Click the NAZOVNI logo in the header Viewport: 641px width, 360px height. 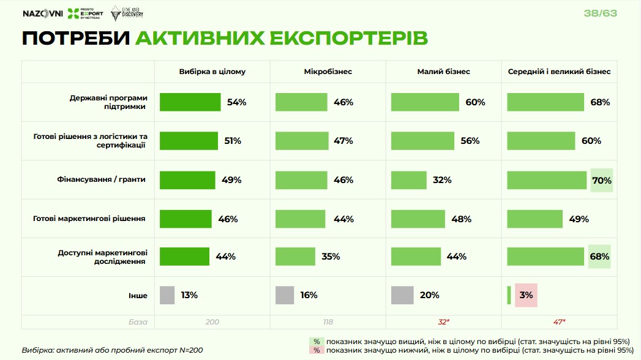[42, 14]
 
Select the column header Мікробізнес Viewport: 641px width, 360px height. [328, 72]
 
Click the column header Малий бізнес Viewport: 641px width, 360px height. [443, 72]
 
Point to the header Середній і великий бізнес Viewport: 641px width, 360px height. [559, 72]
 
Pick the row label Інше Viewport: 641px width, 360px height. [138, 295]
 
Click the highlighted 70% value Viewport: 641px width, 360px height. [601, 180]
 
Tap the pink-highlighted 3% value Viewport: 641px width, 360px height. [526, 295]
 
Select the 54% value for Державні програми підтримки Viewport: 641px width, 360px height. [236, 102]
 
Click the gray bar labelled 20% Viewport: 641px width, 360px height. [403, 295]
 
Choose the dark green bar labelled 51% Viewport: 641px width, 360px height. [189, 141]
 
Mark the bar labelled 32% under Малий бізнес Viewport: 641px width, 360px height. [408, 180]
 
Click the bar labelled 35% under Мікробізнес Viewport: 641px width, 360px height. [295, 257]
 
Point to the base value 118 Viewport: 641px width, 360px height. [328, 321]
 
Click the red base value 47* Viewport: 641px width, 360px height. [559, 321]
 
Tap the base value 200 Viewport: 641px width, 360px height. [212, 321]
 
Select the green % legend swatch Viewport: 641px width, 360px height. [317, 342]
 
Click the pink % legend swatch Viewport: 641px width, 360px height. [317, 350]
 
